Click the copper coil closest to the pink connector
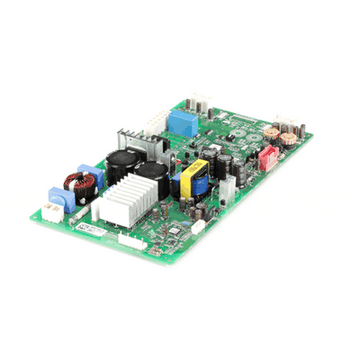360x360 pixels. [x=289, y=139]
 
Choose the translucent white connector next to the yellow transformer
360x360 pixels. [x=228, y=187]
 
